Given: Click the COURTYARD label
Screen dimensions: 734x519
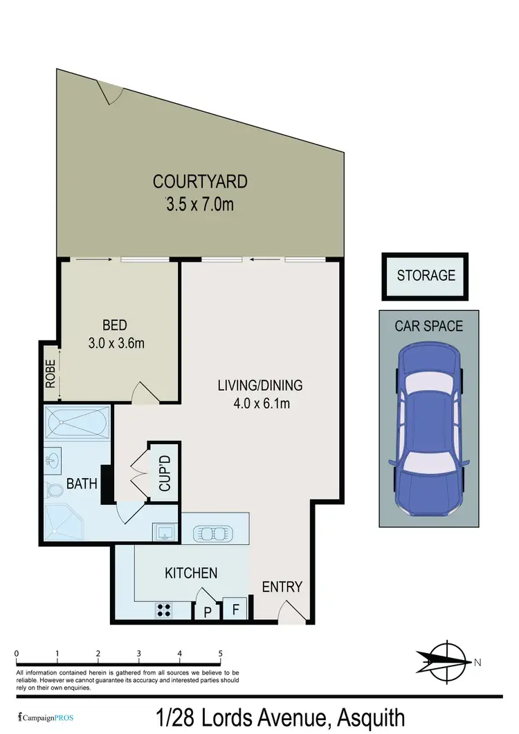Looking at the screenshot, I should point(199,182).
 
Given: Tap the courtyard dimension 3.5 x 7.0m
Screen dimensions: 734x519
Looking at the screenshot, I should point(199,204).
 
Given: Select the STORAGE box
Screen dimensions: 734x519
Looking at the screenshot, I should point(426,275).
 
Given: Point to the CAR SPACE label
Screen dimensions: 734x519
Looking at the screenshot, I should point(428,325).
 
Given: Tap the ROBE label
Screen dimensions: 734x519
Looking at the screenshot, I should point(50,374).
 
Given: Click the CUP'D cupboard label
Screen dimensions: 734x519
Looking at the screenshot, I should point(165,471).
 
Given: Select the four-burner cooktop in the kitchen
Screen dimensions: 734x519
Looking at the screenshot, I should point(165,609).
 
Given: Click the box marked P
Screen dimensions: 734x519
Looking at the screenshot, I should point(207,611).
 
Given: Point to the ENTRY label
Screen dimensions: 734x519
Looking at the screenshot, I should point(282,587).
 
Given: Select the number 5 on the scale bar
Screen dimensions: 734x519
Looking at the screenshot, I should point(220,653).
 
